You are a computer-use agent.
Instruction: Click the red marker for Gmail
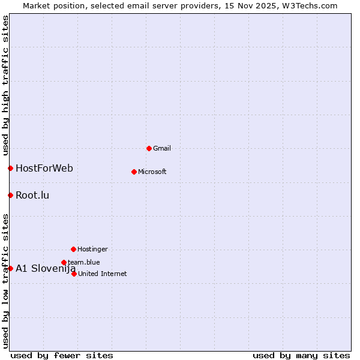(149, 148)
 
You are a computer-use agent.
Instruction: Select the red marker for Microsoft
(134, 172)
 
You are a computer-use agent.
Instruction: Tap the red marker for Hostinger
(73, 249)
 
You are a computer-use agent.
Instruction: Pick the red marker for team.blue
(64, 262)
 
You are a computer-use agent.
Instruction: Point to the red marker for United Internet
(74, 274)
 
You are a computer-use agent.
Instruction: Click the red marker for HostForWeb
(10, 168)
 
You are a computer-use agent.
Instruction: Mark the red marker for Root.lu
(10, 195)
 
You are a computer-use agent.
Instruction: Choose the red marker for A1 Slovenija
(10, 268)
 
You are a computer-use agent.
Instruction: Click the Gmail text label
(162, 148)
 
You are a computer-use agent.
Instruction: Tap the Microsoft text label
(152, 172)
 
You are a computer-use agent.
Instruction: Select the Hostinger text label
(92, 249)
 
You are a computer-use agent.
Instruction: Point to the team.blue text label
(84, 262)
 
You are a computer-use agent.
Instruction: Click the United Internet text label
(103, 274)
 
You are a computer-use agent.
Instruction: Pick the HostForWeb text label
(44, 168)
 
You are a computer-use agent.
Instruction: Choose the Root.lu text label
(32, 195)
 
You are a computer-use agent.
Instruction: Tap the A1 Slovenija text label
(46, 268)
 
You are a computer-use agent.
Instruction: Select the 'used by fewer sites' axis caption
(62, 355)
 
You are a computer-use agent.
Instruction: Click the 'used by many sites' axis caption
(301, 355)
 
